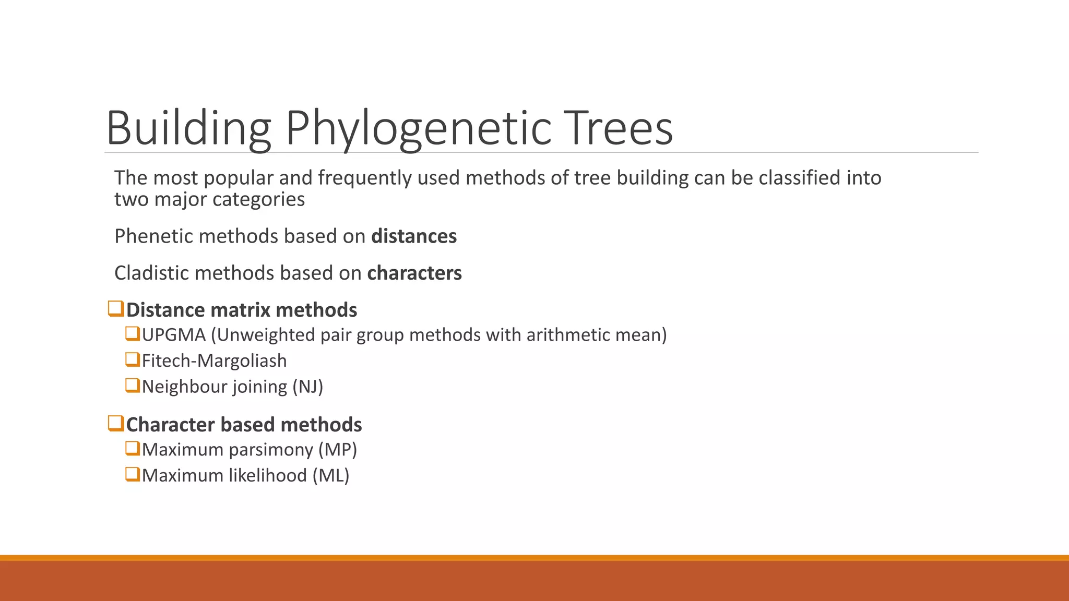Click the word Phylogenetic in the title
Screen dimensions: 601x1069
(x=419, y=128)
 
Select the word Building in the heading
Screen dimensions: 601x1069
(x=188, y=128)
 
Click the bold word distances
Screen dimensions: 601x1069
(x=414, y=236)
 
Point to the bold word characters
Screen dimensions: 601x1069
(x=414, y=273)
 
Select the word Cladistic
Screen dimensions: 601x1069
(x=152, y=273)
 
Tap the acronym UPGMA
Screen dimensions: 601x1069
(x=174, y=335)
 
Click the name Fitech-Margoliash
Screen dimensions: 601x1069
(x=214, y=361)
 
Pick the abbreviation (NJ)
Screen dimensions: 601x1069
(x=307, y=387)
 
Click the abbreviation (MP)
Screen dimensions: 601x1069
(x=338, y=450)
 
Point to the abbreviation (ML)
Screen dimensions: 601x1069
(x=331, y=476)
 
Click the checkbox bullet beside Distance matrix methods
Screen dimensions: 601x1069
(x=116, y=309)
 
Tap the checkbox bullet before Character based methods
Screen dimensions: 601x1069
(x=116, y=424)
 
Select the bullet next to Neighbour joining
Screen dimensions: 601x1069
(x=133, y=386)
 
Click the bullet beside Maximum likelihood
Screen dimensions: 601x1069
(x=133, y=475)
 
